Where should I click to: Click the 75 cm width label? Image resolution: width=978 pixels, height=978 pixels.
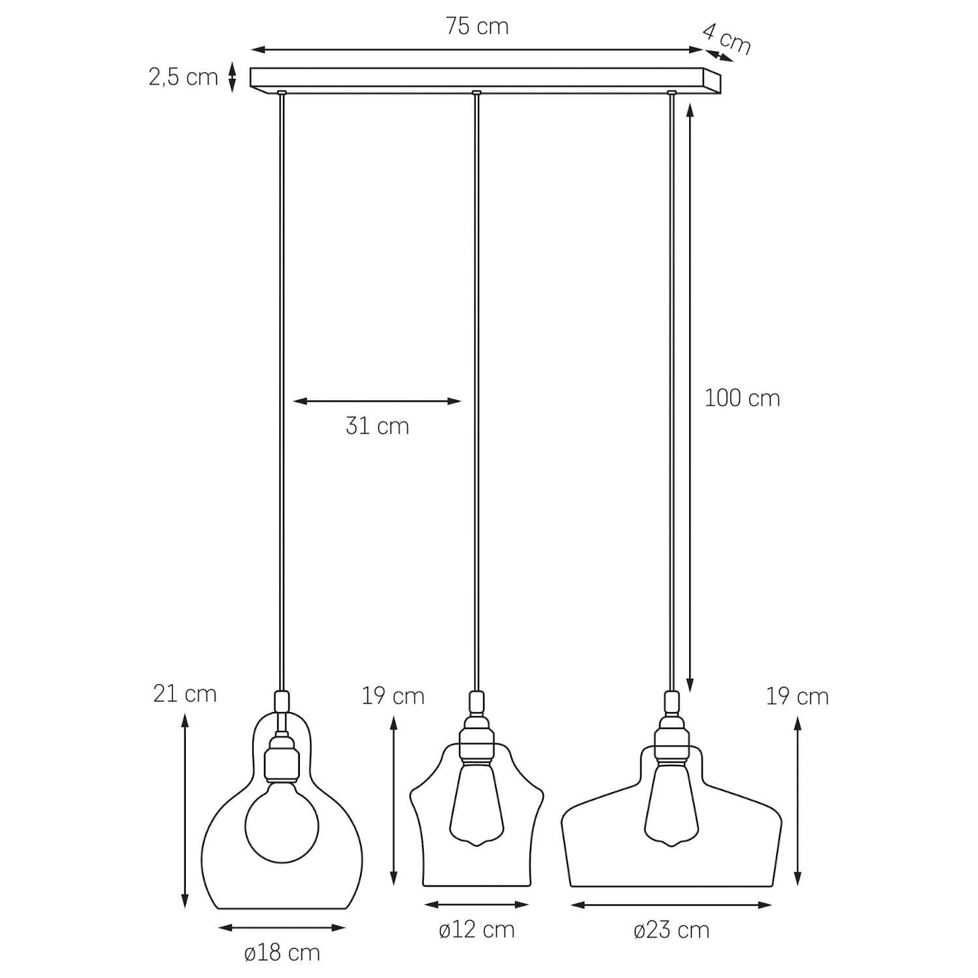(477, 27)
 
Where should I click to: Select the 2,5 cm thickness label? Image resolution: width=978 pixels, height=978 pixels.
(183, 78)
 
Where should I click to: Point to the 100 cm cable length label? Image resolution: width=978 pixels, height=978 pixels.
(742, 398)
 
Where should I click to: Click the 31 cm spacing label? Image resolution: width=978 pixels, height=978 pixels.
(378, 426)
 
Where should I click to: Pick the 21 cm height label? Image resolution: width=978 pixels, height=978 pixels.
(185, 694)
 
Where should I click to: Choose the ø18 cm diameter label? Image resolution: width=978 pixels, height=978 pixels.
(282, 953)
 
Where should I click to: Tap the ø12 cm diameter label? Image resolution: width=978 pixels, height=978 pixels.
(477, 929)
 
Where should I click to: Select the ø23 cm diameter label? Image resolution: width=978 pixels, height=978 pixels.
(672, 929)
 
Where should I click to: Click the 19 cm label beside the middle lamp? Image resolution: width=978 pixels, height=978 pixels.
(393, 696)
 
